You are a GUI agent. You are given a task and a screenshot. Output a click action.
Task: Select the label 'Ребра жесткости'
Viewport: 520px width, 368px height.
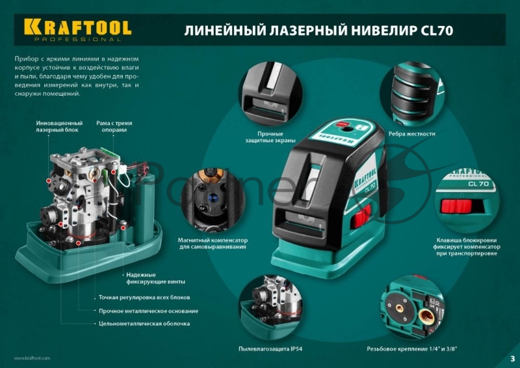coord(410,134)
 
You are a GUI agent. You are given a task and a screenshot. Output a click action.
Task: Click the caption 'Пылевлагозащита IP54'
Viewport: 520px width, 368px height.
coord(270,349)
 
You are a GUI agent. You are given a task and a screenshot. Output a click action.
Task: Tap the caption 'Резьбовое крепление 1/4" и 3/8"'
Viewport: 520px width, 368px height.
coord(412,349)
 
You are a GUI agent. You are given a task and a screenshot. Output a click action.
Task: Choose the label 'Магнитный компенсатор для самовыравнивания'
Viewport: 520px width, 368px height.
coord(213,244)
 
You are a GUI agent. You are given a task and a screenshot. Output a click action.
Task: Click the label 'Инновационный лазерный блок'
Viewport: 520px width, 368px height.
coord(59,126)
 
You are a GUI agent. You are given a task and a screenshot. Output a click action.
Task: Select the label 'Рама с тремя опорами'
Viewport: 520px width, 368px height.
coord(112,126)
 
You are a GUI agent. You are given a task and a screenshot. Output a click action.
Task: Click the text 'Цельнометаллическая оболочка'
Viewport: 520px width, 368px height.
coord(144,324)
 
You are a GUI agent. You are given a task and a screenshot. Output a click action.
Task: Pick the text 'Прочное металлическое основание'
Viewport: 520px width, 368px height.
coord(148,311)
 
